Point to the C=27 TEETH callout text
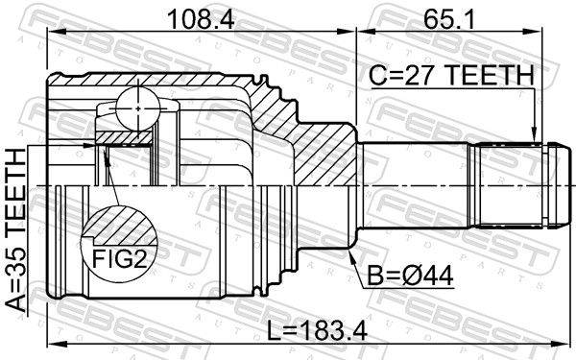tap(451, 75)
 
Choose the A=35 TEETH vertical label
tap(16, 230)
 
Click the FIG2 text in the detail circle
tap(119, 258)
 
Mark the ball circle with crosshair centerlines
tap(138, 108)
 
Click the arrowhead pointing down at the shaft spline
tap(536, 135)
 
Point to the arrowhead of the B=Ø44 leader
tap(351, 256)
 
